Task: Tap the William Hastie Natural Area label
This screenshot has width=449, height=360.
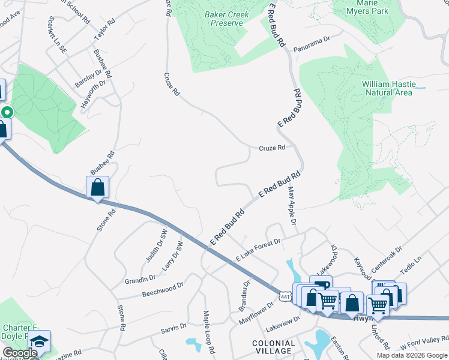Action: click(388, 89)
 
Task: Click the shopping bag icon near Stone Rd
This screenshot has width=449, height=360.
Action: click(97, 187)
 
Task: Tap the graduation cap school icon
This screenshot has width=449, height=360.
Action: click(39, 341)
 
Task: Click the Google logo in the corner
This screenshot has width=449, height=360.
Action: click(20, 353)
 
